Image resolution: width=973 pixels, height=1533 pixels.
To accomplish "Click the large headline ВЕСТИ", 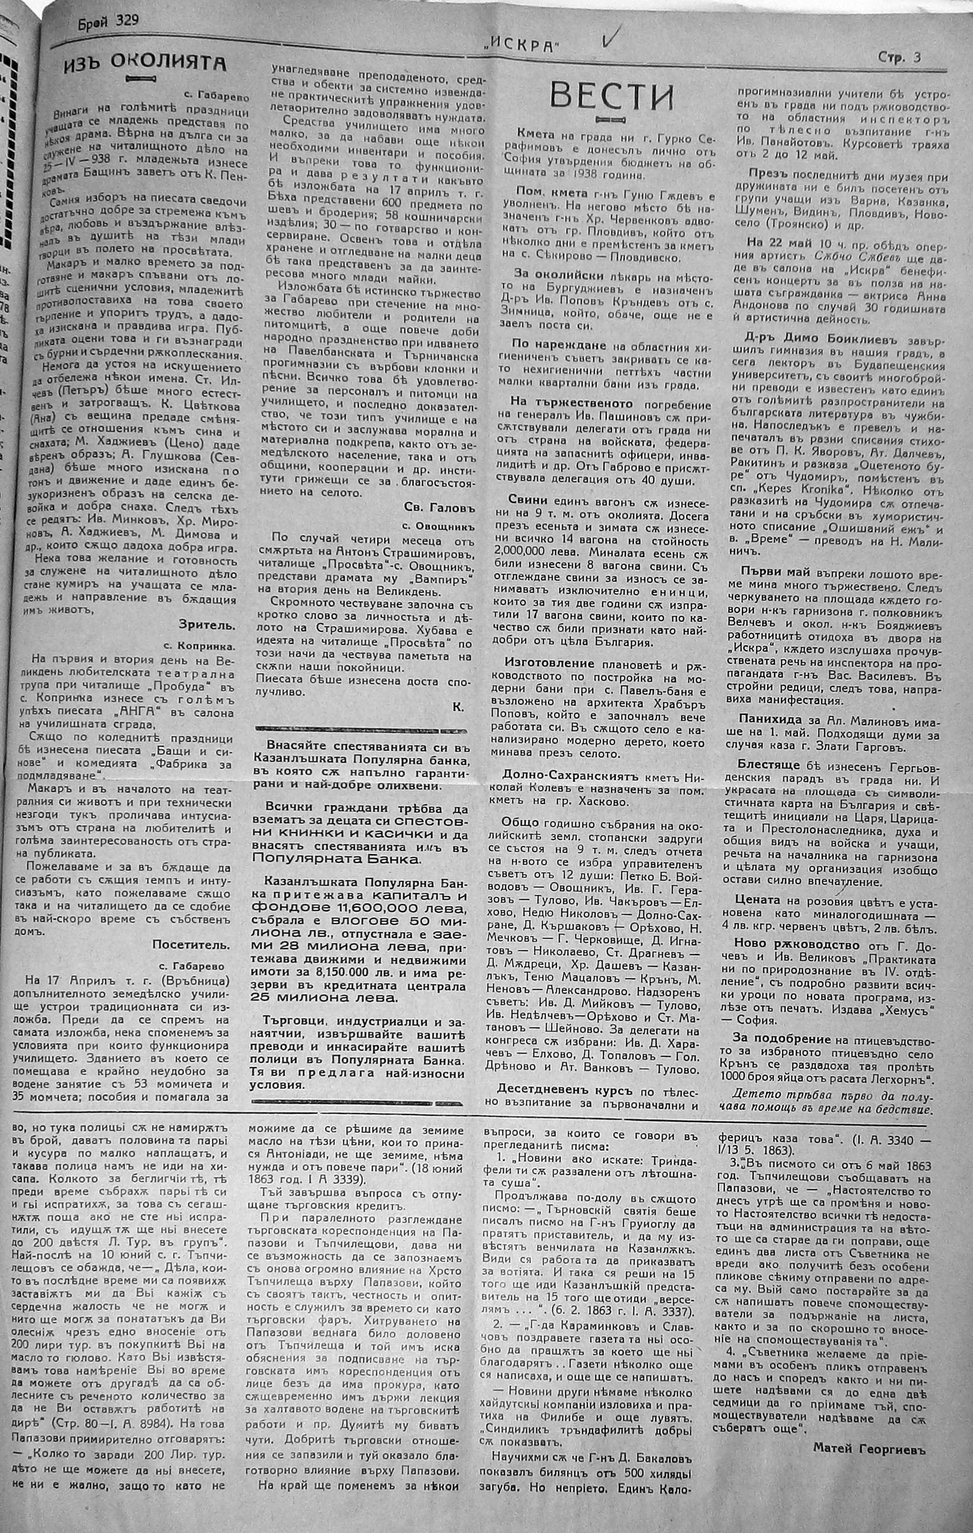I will click(x=611, y=96).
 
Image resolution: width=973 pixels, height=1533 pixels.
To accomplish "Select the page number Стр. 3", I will click(x=899, y=58).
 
